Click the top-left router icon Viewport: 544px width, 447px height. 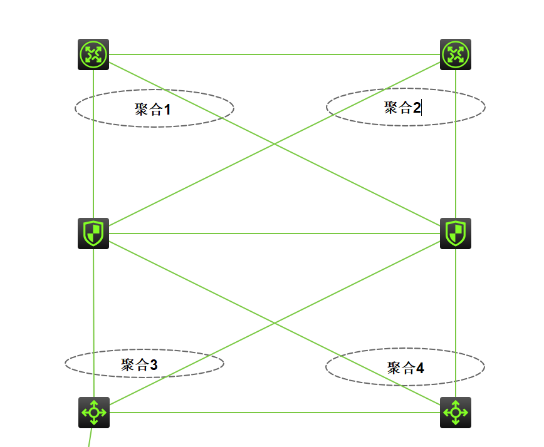click(x=93, y=54)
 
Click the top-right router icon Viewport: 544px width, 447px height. click(x=456, y=54)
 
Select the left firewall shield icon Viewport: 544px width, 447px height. click(x=93, y=234)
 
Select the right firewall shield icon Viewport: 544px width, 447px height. click(x=456, y=234)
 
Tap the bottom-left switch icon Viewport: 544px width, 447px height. click(x=94, y=413)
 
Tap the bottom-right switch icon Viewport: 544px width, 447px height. click(x=456, y=413)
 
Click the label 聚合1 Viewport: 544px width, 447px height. click(x=153, y=110)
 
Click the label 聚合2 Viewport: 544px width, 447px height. click(x=402, y=108)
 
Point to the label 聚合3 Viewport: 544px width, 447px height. click(x=139, y=364)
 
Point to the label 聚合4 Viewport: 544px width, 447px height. click(x=405, y=367)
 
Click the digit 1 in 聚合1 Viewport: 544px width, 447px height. click(x=167, y=110)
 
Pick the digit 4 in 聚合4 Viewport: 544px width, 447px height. click(x=420, y=368)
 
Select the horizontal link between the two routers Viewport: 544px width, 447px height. click(x=275, y=54)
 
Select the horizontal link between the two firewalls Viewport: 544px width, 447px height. click(x=275, y=234)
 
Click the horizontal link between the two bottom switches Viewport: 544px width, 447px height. click(x=275, y=413)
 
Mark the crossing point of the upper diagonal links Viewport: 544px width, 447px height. click(x=275, y=145)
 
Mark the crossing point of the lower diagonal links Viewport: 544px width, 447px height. click(x=275, y=323)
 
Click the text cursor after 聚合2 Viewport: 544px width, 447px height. click(x=422, y=108)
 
